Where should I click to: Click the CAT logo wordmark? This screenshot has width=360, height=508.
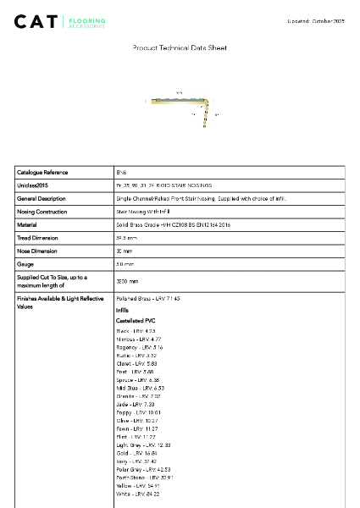pyautogui.click(x=37, y=20)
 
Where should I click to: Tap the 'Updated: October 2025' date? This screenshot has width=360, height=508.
pyautogui.click(x=316, y=19)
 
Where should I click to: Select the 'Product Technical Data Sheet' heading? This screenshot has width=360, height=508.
pyautogui.click(x=180, y=48)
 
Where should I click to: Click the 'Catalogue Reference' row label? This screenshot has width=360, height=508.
pyautogui.click(x=42, y=172)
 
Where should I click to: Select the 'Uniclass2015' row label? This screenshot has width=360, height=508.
pyautogui.click(x=33, y=185)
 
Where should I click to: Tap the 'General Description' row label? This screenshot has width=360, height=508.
pyautogui.click(x=42, y=198)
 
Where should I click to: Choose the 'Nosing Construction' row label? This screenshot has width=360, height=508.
pyautogui.click(x=42, y=212)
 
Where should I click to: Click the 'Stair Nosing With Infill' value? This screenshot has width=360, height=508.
pyautogui.click(x=138, y=212)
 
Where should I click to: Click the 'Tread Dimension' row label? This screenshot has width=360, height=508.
pyautogui.click(x=39, y=238)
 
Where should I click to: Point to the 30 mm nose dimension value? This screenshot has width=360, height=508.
pyautogui.click(x=125, y=251)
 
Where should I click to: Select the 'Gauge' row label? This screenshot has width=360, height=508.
pyautogui.click(x=25, y=265)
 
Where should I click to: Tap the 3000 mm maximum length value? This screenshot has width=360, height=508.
pyautogui.click(x=127, y=280)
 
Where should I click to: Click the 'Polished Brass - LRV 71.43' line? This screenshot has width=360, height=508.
pyautogui.click(x=147, y=299)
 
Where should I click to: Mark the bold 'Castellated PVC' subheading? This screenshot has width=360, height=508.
pyautogui.click(x=136, y=321)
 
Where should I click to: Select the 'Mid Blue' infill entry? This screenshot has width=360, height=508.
pyautogui.click(x=141, y=388)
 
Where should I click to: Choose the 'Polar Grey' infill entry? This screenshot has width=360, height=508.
pyautogui.click(x=143, y=468)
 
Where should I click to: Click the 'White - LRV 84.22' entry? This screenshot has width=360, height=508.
pyautogui.click(x=137, y=494)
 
